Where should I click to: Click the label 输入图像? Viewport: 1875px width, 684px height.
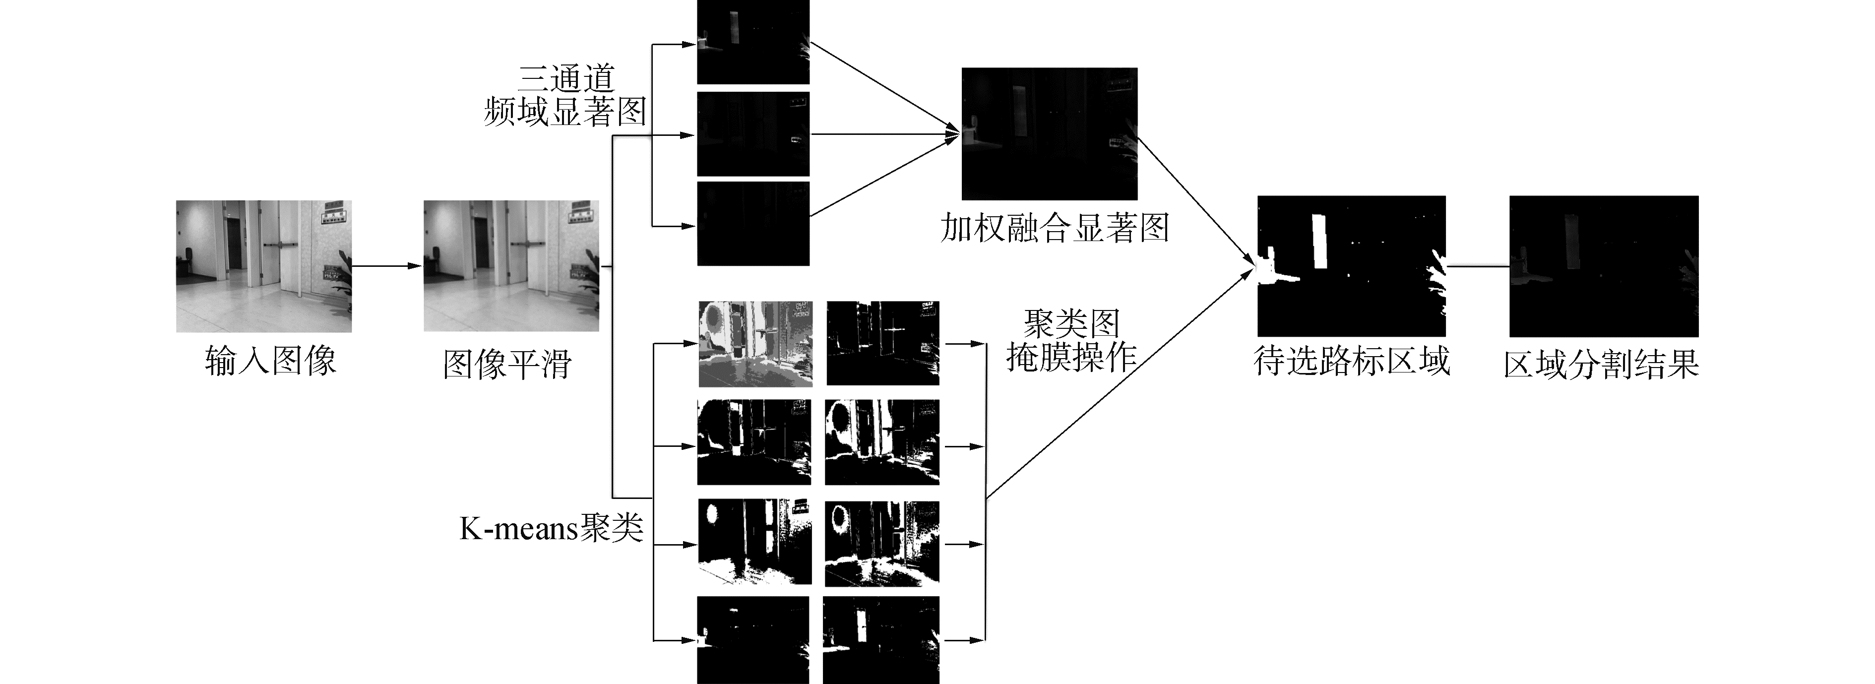tap(270, 361)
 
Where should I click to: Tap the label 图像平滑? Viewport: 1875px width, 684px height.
tap(507, 364)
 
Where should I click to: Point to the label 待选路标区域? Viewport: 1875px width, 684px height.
tap(1352, 361)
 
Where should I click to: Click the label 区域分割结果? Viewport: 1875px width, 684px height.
tap(1601, 364)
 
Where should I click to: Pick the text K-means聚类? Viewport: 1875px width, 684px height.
tap(551, 528)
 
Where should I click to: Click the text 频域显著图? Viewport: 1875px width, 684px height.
tap(565, 112)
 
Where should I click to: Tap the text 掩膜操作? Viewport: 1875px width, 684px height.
tap(1071, 357)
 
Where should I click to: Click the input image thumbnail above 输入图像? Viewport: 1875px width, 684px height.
tap(263, 266)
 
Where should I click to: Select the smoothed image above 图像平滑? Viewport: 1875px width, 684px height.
tap(511, 266)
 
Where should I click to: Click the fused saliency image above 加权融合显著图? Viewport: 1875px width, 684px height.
tap(1049, 134)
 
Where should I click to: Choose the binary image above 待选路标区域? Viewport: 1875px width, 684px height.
tap(1351, 266)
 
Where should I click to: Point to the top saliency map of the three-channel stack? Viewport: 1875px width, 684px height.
tap(752, 42)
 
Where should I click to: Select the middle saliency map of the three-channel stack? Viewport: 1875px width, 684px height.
tap(752, 134)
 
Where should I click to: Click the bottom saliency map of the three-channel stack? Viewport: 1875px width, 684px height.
tap(752, 224)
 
